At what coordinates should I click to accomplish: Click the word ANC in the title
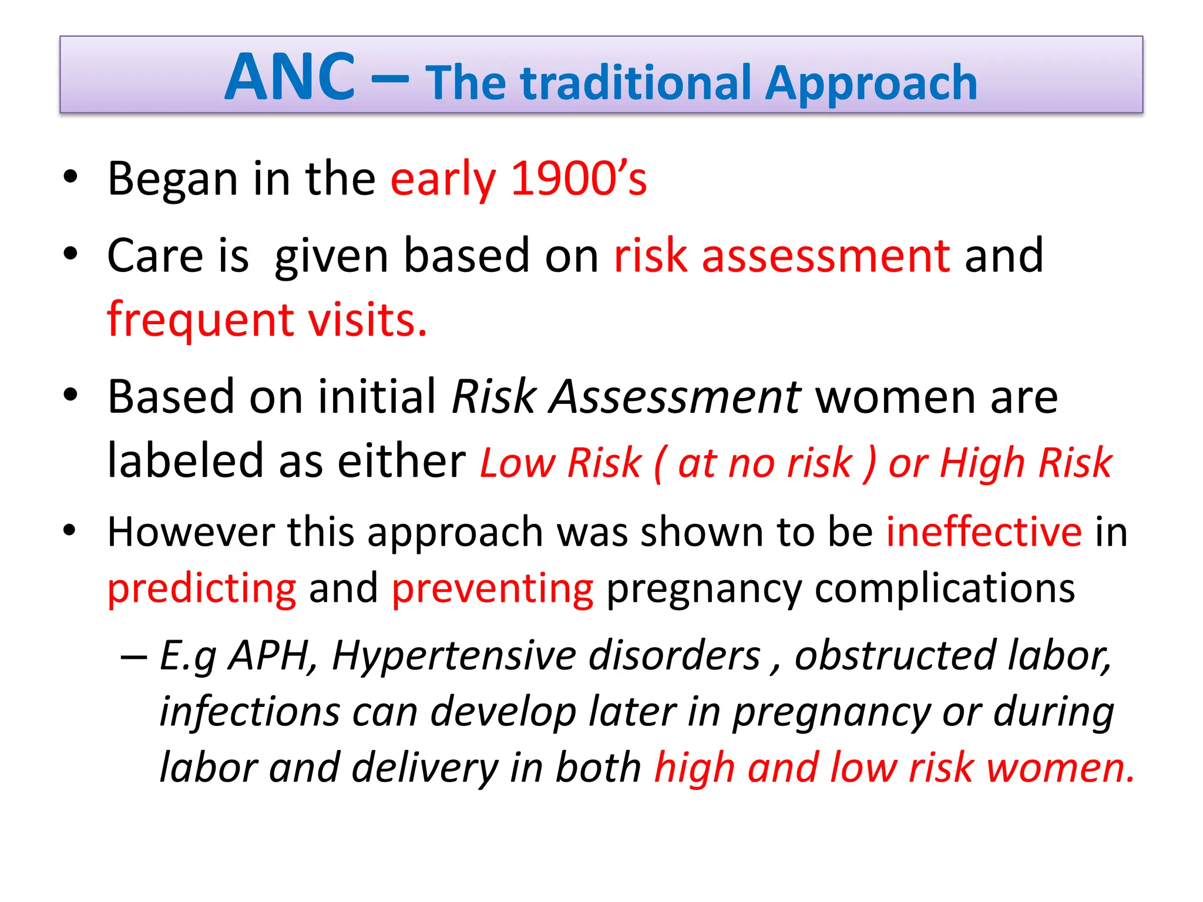(x=290, y=78)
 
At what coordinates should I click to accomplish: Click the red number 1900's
(x=579, y=179)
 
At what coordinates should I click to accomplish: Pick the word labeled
(x=185, y=461)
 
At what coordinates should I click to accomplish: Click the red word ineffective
(x=983, y=532)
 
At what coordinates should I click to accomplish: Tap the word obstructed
(x=895, y=655)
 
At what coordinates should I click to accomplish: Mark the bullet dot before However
(x=70, y=530)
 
